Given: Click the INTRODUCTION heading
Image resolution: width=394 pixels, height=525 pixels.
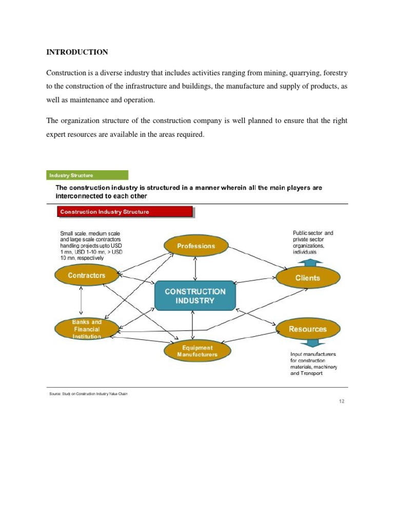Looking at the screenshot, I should coord(77,52).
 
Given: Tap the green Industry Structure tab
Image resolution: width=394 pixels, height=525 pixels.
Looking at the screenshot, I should coord(88,175).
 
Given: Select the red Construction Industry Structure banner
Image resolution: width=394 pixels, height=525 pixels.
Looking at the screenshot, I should coord(124,212).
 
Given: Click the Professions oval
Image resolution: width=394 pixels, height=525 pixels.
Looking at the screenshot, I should coord(196,246).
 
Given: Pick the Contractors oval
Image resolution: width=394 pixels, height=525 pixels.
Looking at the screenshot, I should coord(87,275).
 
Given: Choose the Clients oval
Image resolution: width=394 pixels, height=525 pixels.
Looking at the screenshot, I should coord(307,278).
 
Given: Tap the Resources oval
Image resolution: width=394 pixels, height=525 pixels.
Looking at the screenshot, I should coord(307,329).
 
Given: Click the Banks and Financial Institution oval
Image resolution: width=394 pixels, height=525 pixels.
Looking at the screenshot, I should coord(87,329).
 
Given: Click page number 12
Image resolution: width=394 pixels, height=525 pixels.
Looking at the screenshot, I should coord(341,401).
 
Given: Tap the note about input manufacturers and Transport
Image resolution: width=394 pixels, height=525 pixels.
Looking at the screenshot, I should coord(313,364).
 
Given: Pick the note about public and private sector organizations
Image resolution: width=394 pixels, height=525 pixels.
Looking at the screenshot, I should coord(313,242).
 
